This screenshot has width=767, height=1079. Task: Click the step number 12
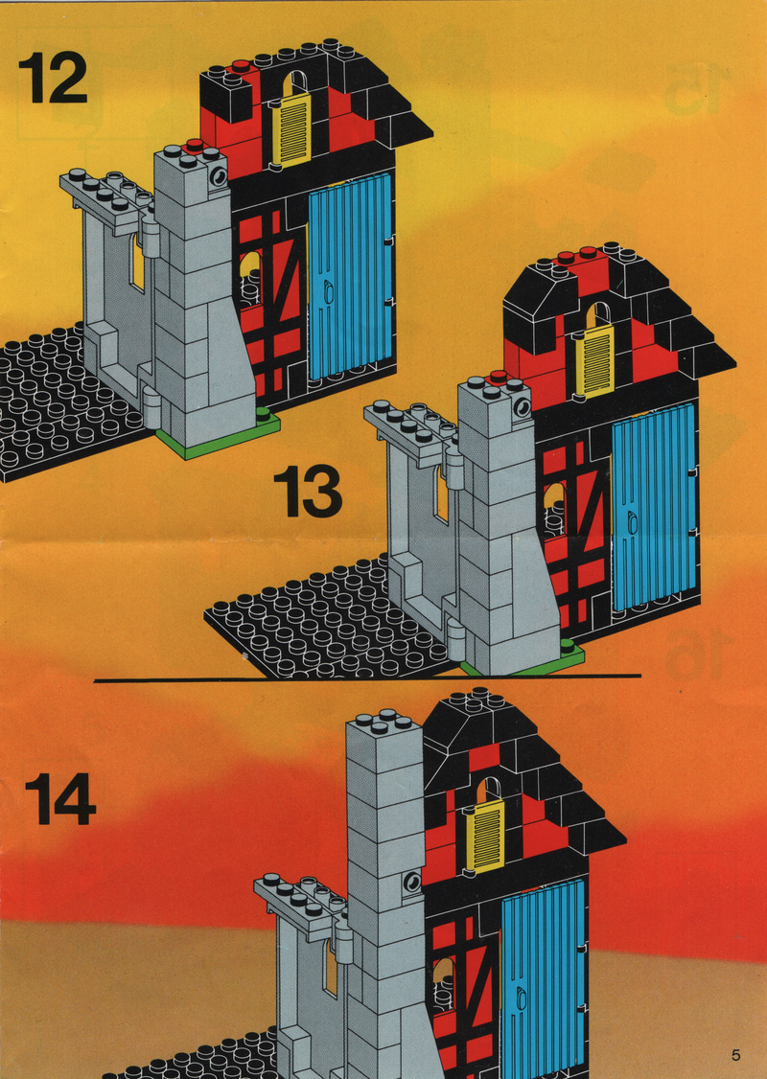tap(53, 77)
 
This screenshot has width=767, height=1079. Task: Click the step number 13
tap(308, 492)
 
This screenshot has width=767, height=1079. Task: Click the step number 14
tap(60, 799)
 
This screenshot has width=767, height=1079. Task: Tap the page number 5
tap(736, 1054)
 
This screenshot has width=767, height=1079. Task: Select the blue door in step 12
tap(351, 275)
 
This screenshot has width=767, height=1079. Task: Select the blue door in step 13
tap(655, 507)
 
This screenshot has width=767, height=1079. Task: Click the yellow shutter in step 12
tap(291, 130)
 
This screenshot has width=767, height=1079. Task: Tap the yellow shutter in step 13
tap(594, 361)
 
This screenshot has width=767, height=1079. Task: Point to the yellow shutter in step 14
tap(485, 837)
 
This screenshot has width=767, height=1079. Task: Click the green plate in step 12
tap(219, 434)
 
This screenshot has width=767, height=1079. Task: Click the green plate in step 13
tap(524, 658)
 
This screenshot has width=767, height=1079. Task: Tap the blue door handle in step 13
tap(632, 523)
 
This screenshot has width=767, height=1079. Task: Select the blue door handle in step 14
tap(522, 997)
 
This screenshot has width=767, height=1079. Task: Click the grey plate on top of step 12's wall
tap(106, 195)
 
